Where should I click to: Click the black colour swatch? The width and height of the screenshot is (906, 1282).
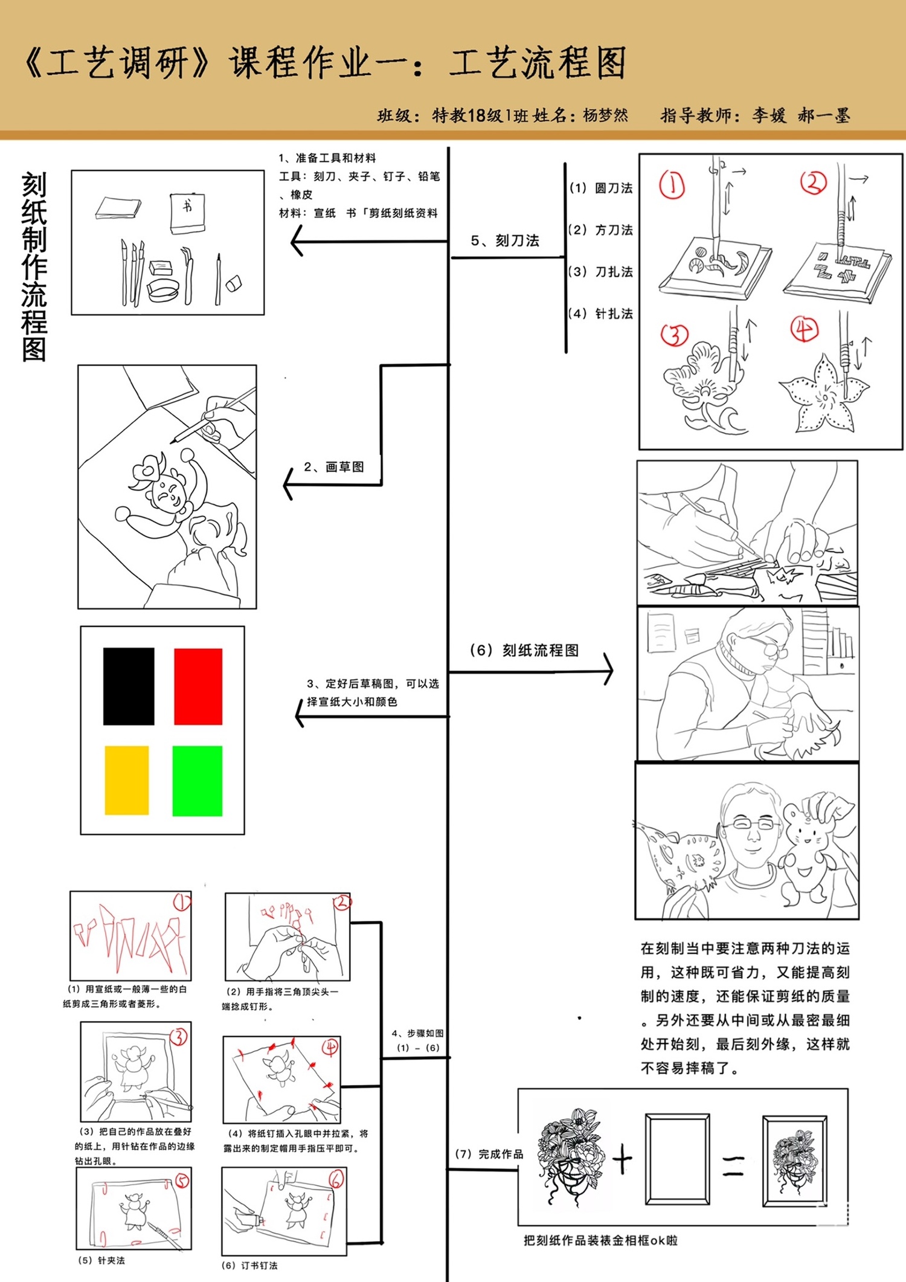tap(129, 686)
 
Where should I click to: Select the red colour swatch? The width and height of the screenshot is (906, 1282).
tap(198, 686)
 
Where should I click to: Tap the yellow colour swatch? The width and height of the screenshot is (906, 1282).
tap(127, 780)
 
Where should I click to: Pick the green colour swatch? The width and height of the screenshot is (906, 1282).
tap(198, 781)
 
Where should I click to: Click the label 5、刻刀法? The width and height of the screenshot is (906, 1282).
tap(505, 240)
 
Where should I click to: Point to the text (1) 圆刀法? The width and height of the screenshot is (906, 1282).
tap(601, 188)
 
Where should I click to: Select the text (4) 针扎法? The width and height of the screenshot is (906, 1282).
tap(601, 314)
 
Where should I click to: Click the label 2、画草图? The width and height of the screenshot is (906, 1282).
tap(334, 466)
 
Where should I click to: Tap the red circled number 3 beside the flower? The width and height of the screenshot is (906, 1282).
tap(675, 335)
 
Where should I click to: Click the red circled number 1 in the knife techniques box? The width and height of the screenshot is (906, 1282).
tap(672, 185)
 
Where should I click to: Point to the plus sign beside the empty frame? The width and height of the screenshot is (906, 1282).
tap(622, 1160)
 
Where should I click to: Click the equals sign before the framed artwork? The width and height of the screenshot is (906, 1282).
tap(733, 1165)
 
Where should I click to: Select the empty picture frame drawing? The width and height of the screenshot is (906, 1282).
tap(677, 1159)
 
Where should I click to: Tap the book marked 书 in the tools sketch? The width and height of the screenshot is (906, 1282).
tap(187, 212)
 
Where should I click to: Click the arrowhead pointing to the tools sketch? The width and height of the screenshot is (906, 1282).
tap(297, 242)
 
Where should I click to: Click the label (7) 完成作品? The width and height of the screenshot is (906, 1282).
tap(489, 1154)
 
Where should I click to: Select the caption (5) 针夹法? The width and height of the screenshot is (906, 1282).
tap(101, 1260)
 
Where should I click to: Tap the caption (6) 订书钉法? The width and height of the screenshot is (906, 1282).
tap(249, 1265)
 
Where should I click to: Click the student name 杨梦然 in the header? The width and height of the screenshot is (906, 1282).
tap(605, 115)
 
